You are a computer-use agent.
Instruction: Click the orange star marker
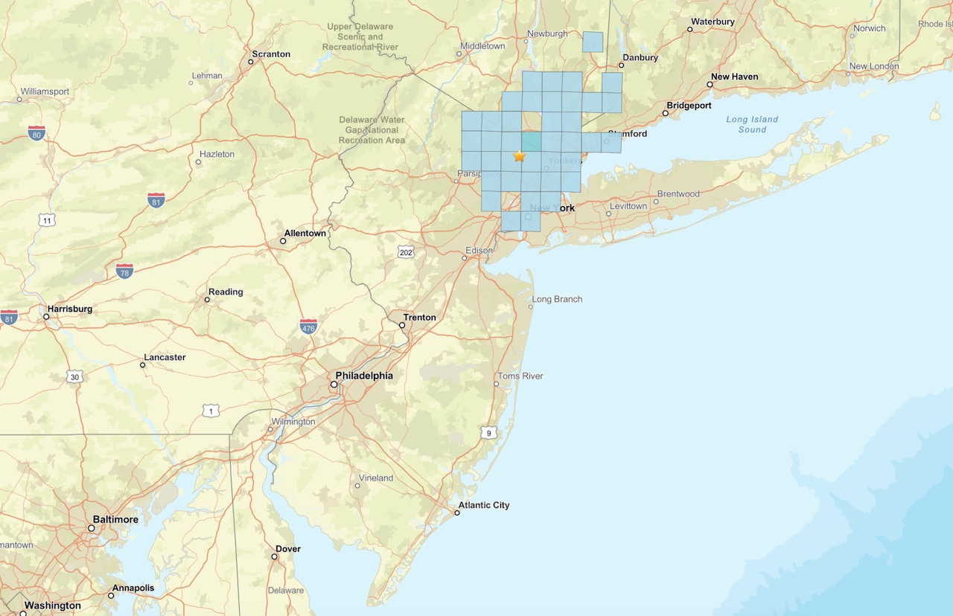[519, 156]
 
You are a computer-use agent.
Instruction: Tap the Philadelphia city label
[364, 376]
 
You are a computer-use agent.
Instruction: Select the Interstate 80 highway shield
[36, 133]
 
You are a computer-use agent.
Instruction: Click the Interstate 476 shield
[308, 326]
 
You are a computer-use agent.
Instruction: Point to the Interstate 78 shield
[124, 271]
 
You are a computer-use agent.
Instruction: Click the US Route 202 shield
[405, 252]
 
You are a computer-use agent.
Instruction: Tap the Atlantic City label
[483, 505]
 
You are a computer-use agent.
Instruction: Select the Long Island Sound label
[752, 124]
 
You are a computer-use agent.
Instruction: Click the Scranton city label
[271, 54]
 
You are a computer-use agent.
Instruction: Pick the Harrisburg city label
[69, 309]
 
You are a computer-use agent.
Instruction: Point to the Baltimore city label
[115, 519]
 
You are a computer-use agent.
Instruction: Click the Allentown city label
[305, 233]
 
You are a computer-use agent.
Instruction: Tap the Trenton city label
[419, 318]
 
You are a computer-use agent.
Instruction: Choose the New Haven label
[734, 77]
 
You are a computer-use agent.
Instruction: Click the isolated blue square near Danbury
[593, 42]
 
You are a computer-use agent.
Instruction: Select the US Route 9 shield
[488, 432]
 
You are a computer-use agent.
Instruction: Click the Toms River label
[520, 376]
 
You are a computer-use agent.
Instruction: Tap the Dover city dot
[274, 556]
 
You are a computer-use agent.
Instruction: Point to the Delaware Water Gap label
[372, 129]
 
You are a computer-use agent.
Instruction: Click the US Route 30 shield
[74, 376]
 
